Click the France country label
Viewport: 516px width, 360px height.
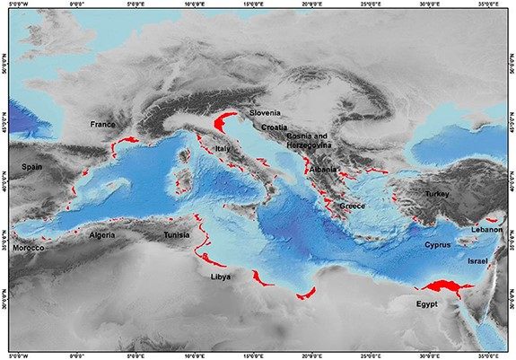[x=103, y=124]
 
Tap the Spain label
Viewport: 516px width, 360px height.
[x=32, y=167]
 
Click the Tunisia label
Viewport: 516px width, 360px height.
[x=176, y=235]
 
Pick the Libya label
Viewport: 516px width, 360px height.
[x=221, y=277]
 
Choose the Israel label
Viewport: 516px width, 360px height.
[x=477, y=260]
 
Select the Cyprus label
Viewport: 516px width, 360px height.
[x=436, y=244]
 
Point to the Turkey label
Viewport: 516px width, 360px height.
[x=437, y=194]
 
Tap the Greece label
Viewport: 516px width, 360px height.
[x=352, y=206]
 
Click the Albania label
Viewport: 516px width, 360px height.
[x=321, y=169]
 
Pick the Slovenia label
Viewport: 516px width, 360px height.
[x=266, y=113]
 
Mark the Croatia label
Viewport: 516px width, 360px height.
[x=275, y=127]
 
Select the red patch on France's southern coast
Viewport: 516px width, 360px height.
[x=129, y=141]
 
